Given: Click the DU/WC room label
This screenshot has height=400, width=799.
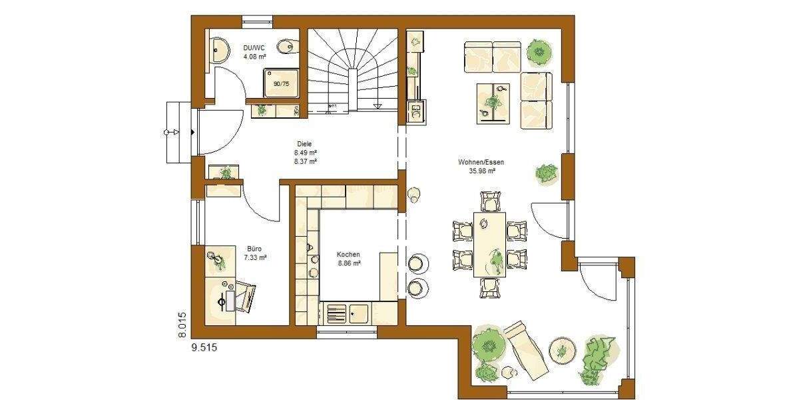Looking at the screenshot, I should tap(254, 47).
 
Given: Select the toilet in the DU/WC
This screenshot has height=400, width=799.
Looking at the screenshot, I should tap(286, 46).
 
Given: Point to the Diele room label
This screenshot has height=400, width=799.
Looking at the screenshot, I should tap(304, 143).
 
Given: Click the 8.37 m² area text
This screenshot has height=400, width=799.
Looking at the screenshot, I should tap(305, 161).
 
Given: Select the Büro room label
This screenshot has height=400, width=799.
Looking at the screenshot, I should tap(255, 248).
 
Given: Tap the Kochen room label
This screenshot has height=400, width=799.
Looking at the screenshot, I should tap(348, 255).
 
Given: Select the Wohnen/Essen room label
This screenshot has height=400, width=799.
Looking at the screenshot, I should tap(480, 162).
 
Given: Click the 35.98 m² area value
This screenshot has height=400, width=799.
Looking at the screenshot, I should tap(482, 171).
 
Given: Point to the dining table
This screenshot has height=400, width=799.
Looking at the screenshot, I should tap(489, 243).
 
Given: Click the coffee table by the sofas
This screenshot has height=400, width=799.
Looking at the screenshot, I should tap(493, 102).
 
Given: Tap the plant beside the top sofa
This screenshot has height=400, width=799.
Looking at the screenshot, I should tap(537, 51).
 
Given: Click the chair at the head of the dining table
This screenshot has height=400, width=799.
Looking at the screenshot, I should tap(490, 200).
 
